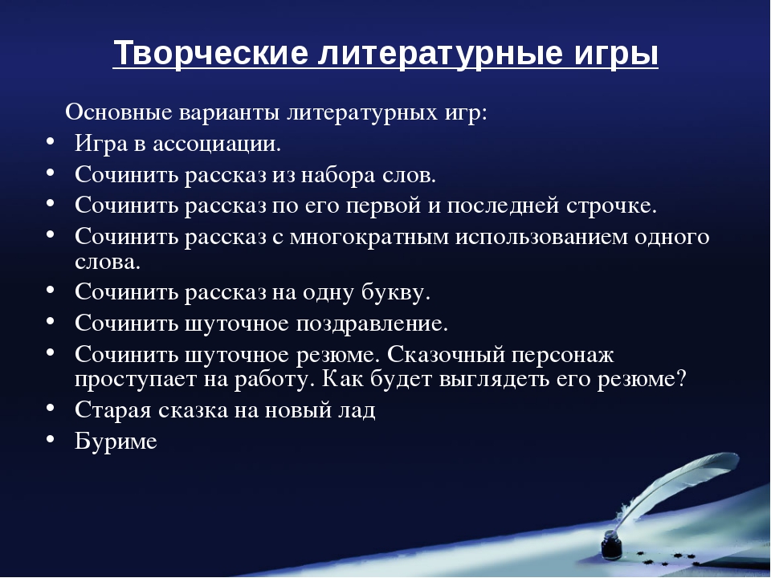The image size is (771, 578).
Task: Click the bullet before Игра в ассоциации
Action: pos(51,144)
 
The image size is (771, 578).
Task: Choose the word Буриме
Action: pos(116,441)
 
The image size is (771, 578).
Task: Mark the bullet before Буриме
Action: pos(51,440)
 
